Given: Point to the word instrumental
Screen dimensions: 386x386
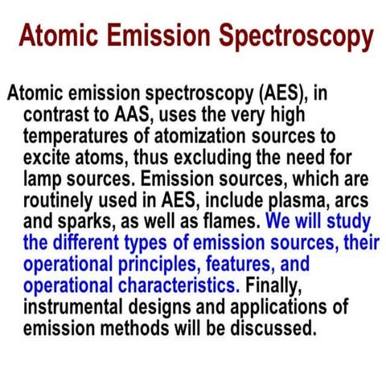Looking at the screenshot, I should click(x=72, y=301).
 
